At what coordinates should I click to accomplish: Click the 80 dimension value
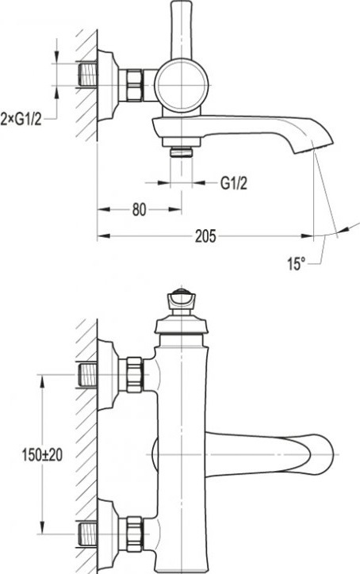[139, 209]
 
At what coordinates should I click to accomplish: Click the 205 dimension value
[205, 236]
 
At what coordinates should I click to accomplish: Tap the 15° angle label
[297, 263]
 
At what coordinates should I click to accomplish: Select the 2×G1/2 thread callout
[21, 119]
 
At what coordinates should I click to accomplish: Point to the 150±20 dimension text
[42, 454]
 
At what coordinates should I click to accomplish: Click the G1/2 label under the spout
[234, 182]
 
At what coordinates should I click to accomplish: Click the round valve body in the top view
[182, 85]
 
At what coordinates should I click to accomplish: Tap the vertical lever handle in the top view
[182, 29]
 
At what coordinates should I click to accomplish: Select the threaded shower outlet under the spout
[182, 151]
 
